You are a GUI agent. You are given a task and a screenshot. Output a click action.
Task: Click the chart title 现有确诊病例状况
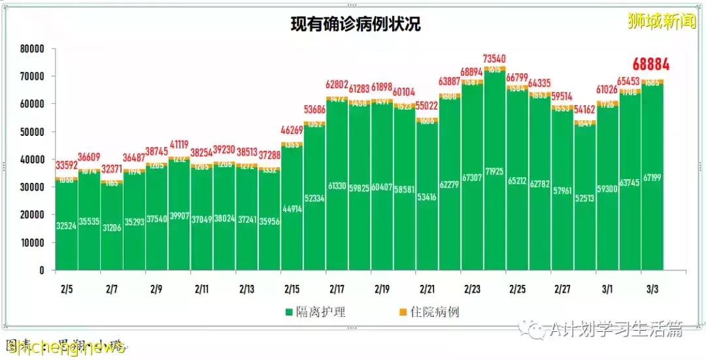pyautogui.click(x=356, y=25)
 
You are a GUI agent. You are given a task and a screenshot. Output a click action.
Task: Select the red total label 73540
pyautogui.click(x=495, y=59)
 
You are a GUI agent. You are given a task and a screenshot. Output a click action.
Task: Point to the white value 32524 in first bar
pyautogui.click(x=67, y=226)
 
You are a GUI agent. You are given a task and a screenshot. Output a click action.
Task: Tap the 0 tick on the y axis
pyautogui.click(x=41, y=270)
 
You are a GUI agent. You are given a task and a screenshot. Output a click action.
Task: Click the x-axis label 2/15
pyautogui.click(x=292, y=288)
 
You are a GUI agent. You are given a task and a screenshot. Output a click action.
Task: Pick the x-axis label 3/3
pyautogui.click(x=652, y=288)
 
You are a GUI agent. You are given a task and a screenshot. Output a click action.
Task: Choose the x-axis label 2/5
pyautogui.click(x=67, y=288)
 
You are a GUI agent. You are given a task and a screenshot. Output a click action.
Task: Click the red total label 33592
pyautogui.click(x=67, y=165)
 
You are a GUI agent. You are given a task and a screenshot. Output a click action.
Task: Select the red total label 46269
pyautogui.click(x=292, y=130)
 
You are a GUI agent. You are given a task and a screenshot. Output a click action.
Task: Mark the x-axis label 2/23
pyautogui.click(x=472, y=288)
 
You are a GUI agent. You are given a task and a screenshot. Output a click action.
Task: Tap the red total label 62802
pyautogui.click(x=337, y=85)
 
